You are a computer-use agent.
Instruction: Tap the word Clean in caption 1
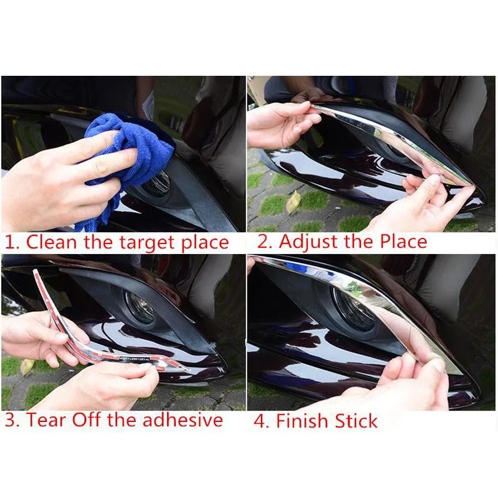(x=51, y=242)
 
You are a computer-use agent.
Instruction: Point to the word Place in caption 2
(x=403, y=241)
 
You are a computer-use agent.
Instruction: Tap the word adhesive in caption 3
(x=183, y=420)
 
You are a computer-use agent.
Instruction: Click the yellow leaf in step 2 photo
(x=293, y=202)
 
